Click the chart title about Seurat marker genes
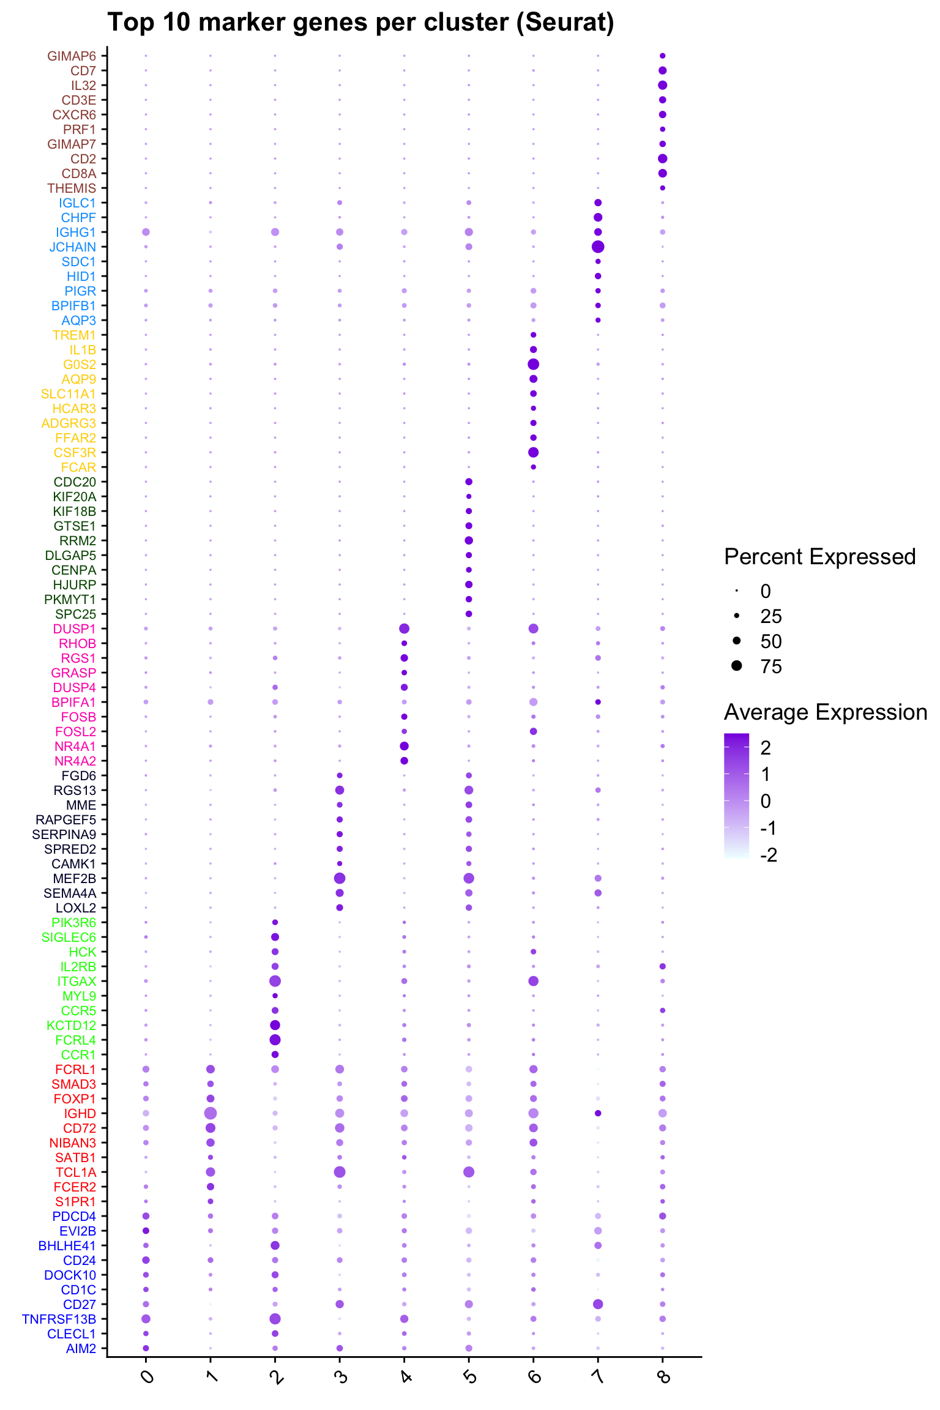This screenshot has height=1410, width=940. click(x=360, y=23)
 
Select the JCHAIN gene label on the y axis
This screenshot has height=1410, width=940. click(x=73, y=247)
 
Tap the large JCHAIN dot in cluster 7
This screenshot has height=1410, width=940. click(x=598, y=247)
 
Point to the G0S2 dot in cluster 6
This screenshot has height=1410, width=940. click(x=533, y=364)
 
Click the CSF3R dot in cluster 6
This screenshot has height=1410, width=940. click(x=533, y=452)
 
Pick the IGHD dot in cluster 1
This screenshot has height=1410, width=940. click(x=211, y=1113)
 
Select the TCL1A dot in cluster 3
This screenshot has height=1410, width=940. click(x=340, y=1172)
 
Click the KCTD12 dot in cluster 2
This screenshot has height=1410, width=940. click(x=275, y=1025)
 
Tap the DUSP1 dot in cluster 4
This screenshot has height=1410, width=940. click(x=404, y=629)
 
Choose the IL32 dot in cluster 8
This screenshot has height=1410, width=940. click(x=662, y=85)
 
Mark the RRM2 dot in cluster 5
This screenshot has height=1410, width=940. click(x=469, y=540)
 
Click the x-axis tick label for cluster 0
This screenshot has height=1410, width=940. click(x=147, y=1376)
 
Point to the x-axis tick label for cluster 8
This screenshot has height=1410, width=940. click(x=663, y=1376)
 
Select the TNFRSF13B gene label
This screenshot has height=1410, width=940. click(x=59, y=1319)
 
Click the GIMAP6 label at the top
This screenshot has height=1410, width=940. click(x=72, y=56)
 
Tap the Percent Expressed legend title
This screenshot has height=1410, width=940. click(x=819, y=557)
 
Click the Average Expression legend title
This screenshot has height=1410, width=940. click(x=826, y=712)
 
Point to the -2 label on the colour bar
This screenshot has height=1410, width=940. click(x=769, y=855)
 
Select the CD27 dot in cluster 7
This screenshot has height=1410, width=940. click(x=598, y=1304)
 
